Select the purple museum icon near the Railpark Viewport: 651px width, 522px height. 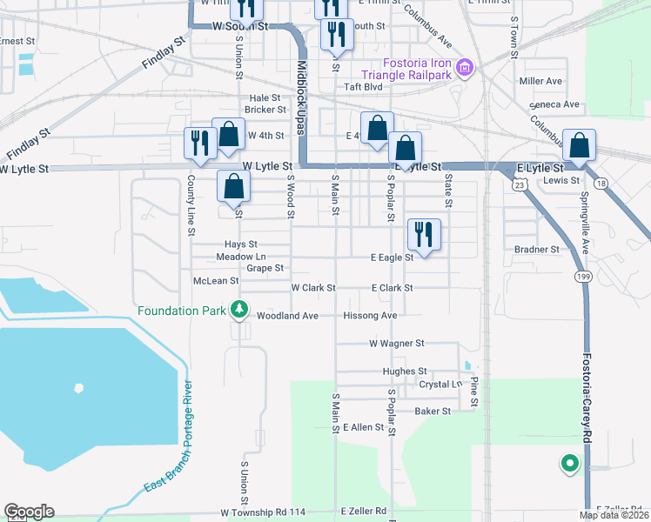(465, 68)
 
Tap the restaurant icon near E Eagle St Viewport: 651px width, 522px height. (425, 233)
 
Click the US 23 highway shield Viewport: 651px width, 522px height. (520, 184)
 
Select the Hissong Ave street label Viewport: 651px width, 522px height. (370, 316)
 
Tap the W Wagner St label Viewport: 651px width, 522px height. (396, 345)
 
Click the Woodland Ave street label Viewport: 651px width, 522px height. (287, 316)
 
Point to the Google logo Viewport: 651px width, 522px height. (29, 512)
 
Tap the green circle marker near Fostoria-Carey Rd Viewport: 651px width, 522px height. (570, 464)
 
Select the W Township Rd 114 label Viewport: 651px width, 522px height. (263, 512)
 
